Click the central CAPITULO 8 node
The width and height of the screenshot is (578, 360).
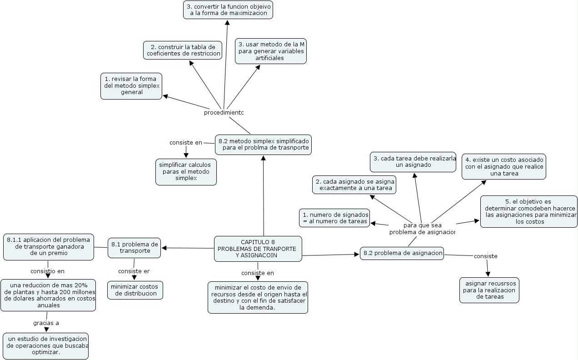pos(258,249)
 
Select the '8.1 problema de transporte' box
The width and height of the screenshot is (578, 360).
pos(134,247)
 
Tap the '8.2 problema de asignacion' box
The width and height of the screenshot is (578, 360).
pos(402,253)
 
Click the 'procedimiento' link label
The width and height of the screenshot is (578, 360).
pos(224,113)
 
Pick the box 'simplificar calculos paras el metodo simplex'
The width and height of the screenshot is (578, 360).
pos(186,171)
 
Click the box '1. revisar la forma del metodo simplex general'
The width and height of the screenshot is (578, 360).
pos(131,85)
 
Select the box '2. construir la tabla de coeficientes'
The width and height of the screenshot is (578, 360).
pos(183,50)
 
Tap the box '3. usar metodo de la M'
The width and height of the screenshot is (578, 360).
pos(271,51)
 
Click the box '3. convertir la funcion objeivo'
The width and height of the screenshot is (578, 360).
pos(228,10)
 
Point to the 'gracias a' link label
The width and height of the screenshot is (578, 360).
pos(46,323)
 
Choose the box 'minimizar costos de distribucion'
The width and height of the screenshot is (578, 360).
pos(135,290)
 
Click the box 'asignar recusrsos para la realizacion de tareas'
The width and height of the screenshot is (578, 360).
pos(489,290)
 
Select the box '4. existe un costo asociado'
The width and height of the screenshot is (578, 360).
pos(504,166)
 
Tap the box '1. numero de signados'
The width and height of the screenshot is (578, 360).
pos(334,218)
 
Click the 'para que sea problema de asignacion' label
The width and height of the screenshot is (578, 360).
pos(422,229)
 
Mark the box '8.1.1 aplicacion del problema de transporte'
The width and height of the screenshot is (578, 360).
pos(48,247)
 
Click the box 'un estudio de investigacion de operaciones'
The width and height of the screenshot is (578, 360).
pos(46,345)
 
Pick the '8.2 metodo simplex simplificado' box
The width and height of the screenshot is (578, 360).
pos(263,144)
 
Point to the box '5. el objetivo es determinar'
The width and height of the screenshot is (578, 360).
pos(528,211)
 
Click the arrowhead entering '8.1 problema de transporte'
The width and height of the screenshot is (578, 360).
pos(164,248)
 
